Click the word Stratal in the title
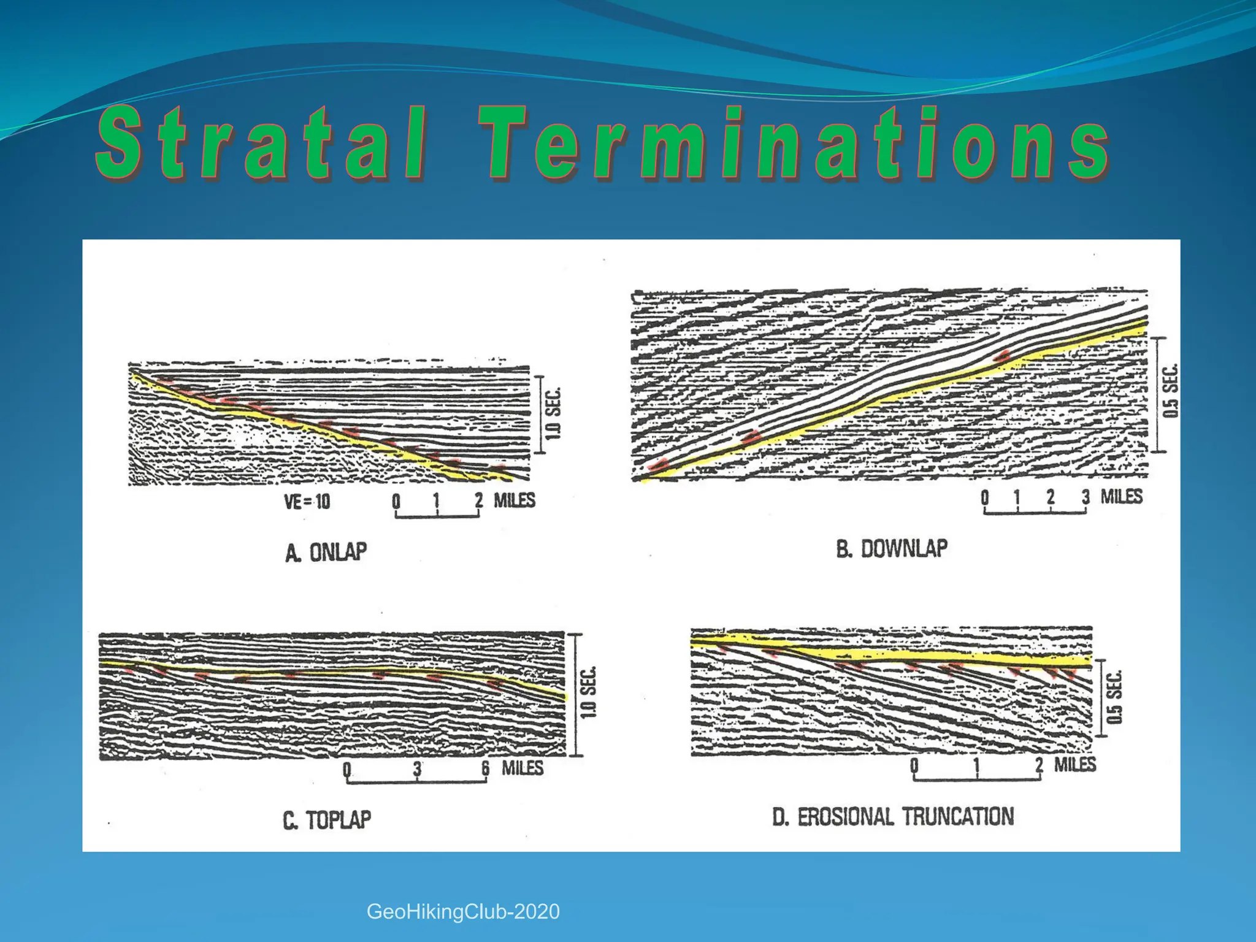point(261,144)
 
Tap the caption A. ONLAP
point(326,552)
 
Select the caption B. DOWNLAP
point(892,548)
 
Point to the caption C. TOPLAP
point(327,820)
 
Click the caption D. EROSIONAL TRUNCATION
point(893,817)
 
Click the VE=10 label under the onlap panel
point(307,502)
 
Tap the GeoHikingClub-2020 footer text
point(463,912)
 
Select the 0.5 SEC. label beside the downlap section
point(1171,391)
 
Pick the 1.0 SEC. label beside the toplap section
point(588,692)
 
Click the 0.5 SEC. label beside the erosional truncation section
point(1114,697)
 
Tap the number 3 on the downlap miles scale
point(1086,497)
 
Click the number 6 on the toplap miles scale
point(485,768)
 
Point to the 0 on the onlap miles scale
point(396,501)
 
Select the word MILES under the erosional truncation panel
point(1074,764)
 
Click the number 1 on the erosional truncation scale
point(976,765)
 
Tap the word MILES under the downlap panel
point(1121,496)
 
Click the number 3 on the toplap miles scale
point(417,768)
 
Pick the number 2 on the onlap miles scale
point(478,500)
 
